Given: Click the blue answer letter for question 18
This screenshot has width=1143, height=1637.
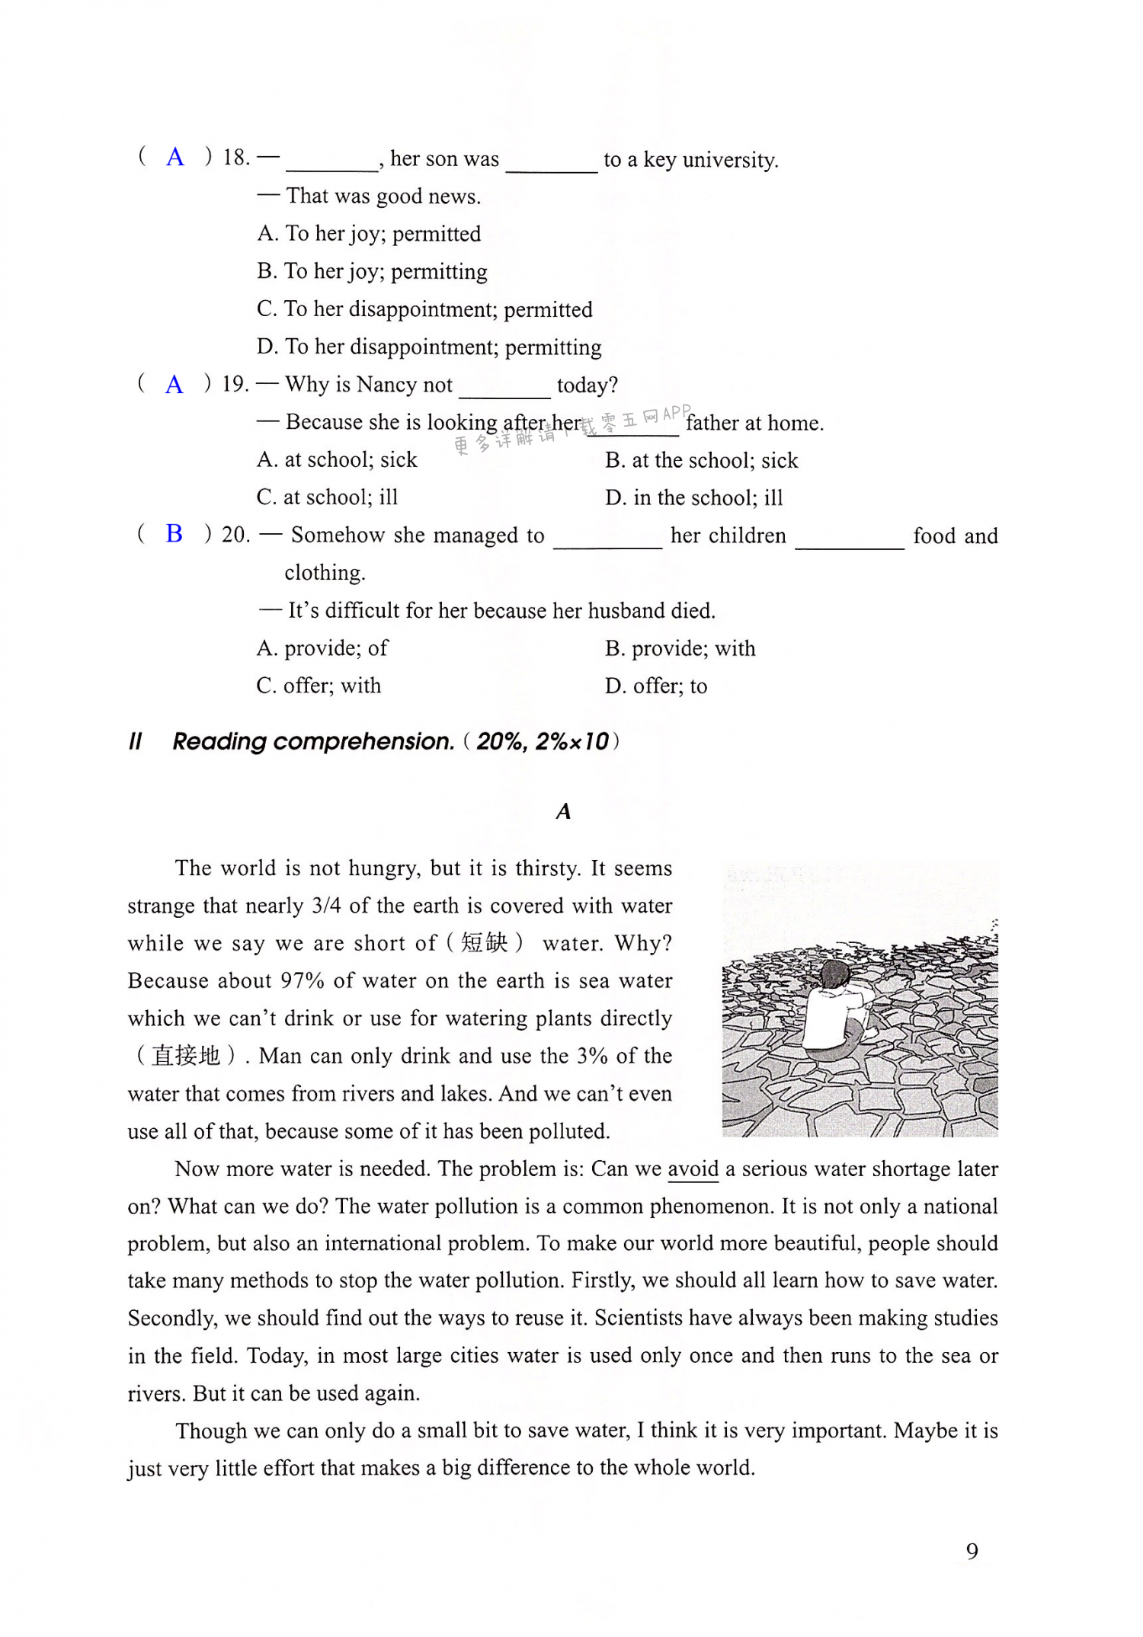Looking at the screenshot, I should [175, 157].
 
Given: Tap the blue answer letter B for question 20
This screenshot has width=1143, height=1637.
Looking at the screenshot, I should [174, 533].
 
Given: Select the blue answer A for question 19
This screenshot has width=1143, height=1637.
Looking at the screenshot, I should [174, 384].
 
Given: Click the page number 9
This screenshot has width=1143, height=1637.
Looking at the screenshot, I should [972, 1551].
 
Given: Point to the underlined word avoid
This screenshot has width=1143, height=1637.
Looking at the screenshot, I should [693, 1169].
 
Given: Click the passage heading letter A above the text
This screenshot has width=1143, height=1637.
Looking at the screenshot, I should [563, 811].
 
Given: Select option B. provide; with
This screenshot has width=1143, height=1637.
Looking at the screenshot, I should [680, 648].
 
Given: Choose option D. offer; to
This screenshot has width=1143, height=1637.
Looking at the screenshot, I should [655, 686].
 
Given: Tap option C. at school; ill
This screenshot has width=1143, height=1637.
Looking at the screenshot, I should [327, 497].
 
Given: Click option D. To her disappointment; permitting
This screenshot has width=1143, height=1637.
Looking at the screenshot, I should [429, 347].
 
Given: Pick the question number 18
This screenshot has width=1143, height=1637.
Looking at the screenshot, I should [235, 158].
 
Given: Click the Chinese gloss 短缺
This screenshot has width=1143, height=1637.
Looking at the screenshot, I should [485, 943].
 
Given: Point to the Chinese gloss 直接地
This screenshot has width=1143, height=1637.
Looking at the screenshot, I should [186, 1056].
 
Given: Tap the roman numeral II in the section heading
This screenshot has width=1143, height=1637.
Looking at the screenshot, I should [136, 741].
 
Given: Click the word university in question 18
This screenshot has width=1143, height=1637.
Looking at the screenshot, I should [729, 160].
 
